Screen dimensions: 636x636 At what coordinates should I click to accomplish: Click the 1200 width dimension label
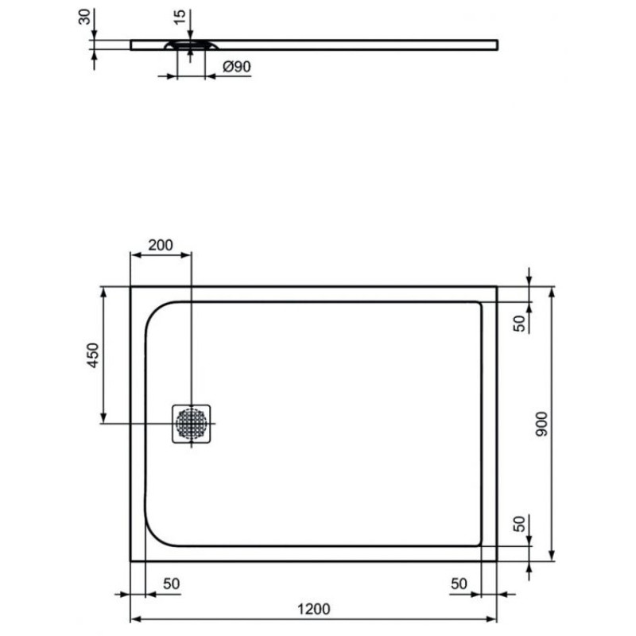coord(314,609)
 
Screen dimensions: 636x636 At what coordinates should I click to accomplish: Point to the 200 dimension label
coord(161,245)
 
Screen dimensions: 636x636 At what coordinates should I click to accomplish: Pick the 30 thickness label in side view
coord(83,17)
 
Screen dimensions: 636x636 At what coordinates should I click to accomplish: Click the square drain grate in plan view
coord(191,422)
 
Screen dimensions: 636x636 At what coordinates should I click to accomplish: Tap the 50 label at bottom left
coord(171,583)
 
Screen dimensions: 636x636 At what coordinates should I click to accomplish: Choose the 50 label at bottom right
coord(458,583)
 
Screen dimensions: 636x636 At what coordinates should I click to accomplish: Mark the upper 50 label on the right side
coord(518,323)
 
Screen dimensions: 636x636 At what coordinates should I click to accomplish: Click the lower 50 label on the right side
coord(518,524)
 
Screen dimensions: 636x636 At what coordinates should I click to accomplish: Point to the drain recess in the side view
coord(191,45)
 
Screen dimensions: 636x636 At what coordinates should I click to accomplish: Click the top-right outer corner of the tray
coord(496,287)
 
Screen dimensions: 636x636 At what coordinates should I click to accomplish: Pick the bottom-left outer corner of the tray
coord(131,560)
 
